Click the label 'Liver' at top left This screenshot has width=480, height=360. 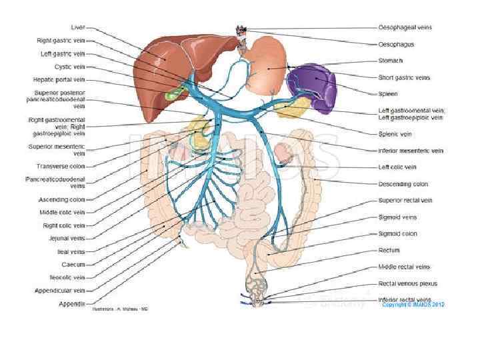click(x=78, y=28)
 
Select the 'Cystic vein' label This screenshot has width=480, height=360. click(x=69, y=67)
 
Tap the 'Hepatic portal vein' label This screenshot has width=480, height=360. click(x=59, y=79)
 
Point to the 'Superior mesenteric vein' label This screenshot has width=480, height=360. click(x=57, y=149)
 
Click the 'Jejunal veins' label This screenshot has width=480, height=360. click(x=67, y=237)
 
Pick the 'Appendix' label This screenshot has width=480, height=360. click(x=71, y=304)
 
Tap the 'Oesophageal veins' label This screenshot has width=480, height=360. click(x=405, y=28)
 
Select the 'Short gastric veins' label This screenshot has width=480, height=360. click(x=404, y=77)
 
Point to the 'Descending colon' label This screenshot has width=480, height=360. click(x=403, y=184)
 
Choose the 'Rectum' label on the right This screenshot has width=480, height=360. click(x=389, y=250)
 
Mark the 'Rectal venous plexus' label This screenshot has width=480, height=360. click(x=407, y=283)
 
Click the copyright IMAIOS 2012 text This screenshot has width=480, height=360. click(x=413, y=305)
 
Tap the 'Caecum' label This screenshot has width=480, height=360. click(x=75, y=265)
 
